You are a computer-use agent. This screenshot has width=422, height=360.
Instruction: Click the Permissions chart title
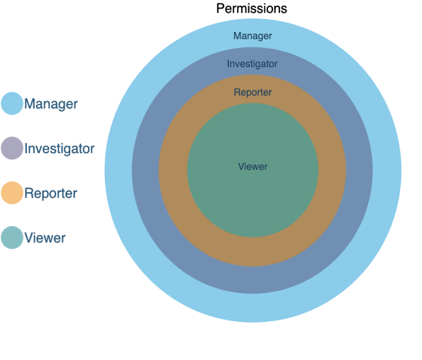(x=252, y=9)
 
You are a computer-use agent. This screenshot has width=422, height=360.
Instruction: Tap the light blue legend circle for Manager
(x=12, y=103)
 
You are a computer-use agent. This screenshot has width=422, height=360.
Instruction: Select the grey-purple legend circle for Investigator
(x=12, y=148)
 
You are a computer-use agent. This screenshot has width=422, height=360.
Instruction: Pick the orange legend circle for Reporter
(x=12, y=193)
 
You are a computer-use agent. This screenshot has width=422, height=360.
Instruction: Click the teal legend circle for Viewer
(x=12, y=237)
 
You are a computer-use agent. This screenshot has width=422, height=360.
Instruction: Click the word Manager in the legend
(x=51, y=104)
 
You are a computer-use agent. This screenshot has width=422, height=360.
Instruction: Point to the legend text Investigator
(x=60, y=149)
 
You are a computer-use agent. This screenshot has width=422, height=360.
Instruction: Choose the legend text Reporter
(x=51, y=193)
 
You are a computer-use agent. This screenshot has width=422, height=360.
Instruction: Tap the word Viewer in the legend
(x=45, y=238)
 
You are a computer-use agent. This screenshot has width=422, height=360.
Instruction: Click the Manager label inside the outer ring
(x=252, y=36)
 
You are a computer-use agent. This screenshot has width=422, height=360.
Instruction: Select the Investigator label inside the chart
(x=252, y=64)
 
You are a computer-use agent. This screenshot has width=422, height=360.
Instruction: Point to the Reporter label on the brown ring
(x=252, y=92)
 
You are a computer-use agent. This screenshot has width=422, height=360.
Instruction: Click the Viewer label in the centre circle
(x=252, y=167)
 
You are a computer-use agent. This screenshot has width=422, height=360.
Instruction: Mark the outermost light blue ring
(x=118, y=171)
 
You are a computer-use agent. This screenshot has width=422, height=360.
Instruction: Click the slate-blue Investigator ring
(x=145, y=171)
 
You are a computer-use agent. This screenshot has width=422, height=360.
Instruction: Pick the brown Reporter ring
(x=173, y=171)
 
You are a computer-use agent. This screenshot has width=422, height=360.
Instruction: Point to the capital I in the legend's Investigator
(x=26, y=148)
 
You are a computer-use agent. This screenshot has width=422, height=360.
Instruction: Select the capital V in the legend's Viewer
(x=29, y=237)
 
